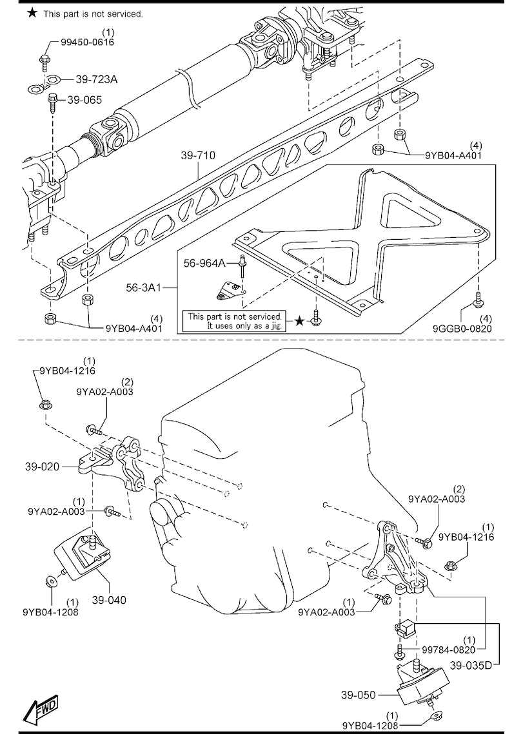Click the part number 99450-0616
click(87, 42)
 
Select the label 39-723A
click(97, 79)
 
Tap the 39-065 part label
click(84, 100)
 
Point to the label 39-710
click(198, 155)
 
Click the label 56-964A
click(204, 264)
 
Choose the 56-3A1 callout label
click(143, 287)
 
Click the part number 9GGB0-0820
click(462, 328)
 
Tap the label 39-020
click(42, 466)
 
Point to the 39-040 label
click(109, 600)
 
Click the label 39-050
click(358, 695)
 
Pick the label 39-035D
click(471, 664)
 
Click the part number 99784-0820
click(448, 650)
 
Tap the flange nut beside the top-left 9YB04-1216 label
click(44, 403)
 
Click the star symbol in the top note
click(32, 13)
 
